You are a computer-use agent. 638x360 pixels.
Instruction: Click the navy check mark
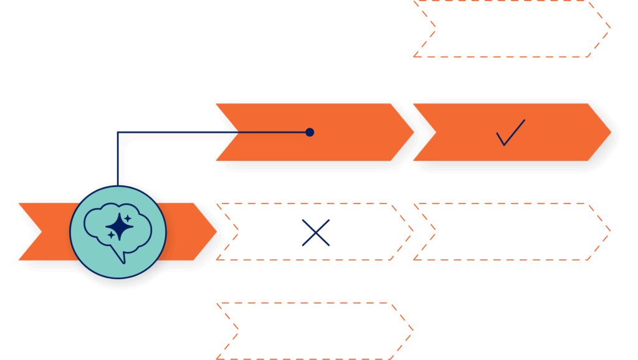[x=510, y=133]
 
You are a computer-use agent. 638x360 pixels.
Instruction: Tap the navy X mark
[x=316, y=232]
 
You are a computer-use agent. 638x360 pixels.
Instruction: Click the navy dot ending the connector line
[x=310, y=132]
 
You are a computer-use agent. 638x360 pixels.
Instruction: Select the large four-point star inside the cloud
[x=118, y=227]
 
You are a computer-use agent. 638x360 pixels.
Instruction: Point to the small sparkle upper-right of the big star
[x=128, y=218]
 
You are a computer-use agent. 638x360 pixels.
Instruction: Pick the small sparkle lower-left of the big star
[x=111, y=235]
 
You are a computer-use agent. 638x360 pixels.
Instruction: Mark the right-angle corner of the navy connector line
[x=118, y=132]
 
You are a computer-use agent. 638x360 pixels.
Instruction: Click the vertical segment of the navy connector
[x=118, y=159]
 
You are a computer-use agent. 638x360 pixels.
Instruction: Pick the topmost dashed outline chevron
[x=511, y=29]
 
